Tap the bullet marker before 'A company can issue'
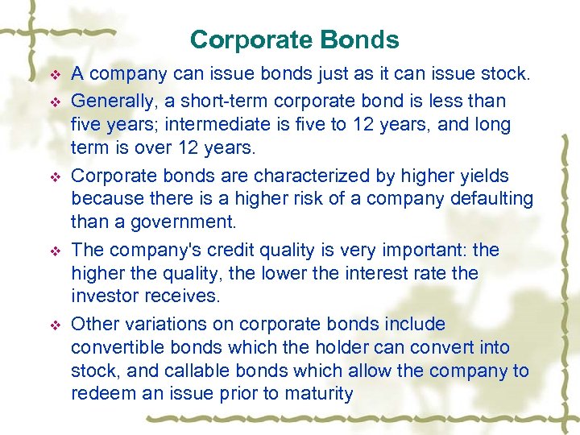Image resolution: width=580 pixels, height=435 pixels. pos(55,76)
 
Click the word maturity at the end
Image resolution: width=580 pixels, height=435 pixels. pos(319,394)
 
